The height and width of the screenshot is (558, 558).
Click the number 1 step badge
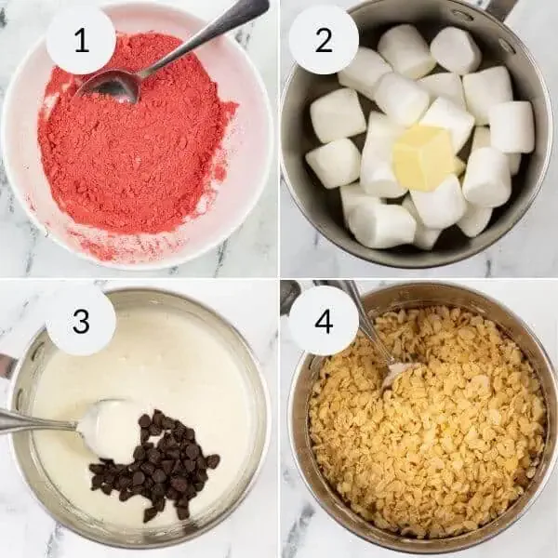(x=81, y=40)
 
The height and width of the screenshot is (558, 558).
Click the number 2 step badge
(x=324, y=40)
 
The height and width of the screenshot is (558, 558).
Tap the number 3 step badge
(x=81, y=320)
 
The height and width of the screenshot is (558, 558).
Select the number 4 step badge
(x=324, y=320)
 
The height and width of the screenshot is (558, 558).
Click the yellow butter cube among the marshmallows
(x=423, y=156)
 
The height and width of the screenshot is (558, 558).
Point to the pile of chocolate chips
(x=154, y=465)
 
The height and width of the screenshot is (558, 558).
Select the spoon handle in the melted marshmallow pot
(x=37, y=423)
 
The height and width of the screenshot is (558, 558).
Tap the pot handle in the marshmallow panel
(x=502, y=8)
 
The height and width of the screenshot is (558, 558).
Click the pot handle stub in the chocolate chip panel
(x=7, y=365)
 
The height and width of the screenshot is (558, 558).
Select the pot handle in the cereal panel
(x=290, y=297)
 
